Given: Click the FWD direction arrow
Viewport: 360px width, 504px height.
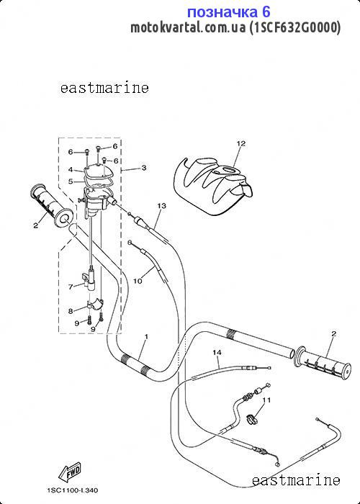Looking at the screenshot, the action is tap(69, 472).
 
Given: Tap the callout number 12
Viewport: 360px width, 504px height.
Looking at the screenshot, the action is tap(240, 144).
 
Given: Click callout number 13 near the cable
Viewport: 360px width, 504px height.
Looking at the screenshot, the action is tap(162, 205).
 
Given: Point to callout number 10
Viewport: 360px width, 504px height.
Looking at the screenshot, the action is tap(138, 281).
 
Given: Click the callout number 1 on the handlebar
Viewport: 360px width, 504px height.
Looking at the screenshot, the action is tap(146, 337).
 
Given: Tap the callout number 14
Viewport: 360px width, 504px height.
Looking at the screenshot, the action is tap(217, 353).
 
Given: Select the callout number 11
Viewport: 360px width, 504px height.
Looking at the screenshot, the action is tap(266, 400).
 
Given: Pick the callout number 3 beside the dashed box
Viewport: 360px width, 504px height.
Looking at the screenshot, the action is tap(144, 168).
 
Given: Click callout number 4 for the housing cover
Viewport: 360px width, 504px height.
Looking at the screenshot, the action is tap(71, 170).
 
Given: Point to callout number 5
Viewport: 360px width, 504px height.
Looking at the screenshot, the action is tap(71, 181).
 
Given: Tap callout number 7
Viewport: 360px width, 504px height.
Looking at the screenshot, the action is tap(71, 287).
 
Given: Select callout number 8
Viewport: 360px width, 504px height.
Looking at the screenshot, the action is tap(71, 311).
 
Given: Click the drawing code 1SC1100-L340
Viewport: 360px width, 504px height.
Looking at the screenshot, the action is tap(73, 490).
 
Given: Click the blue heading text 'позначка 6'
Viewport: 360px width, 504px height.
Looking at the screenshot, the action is tap(228, 12).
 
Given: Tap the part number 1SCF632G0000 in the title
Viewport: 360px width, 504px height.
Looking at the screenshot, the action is tap(295, 27).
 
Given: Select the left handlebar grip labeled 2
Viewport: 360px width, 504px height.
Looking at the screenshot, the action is tap(53, 204).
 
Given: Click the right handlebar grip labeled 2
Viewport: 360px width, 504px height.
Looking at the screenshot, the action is tap(323, 361).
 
